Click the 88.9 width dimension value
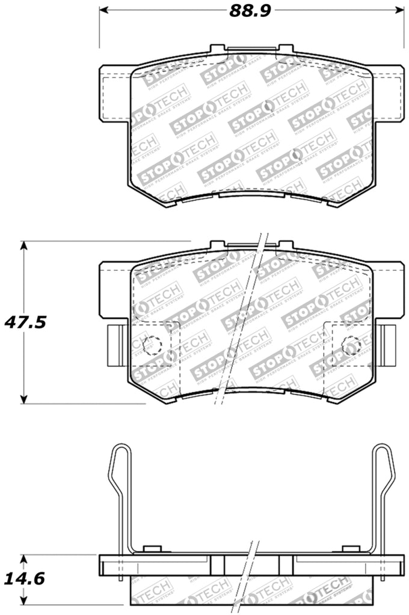tap(250, 10)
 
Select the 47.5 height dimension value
tap(26, 322)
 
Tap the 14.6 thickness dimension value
tap(26, 579)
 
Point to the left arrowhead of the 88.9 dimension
tap(103, 10)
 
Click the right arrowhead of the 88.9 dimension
tap(399, 10)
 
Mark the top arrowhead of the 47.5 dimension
tap(23, 246)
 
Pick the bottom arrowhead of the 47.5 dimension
tap(23, 399)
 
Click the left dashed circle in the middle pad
tap(152, 345)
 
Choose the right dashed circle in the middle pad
tap(351, 345)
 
